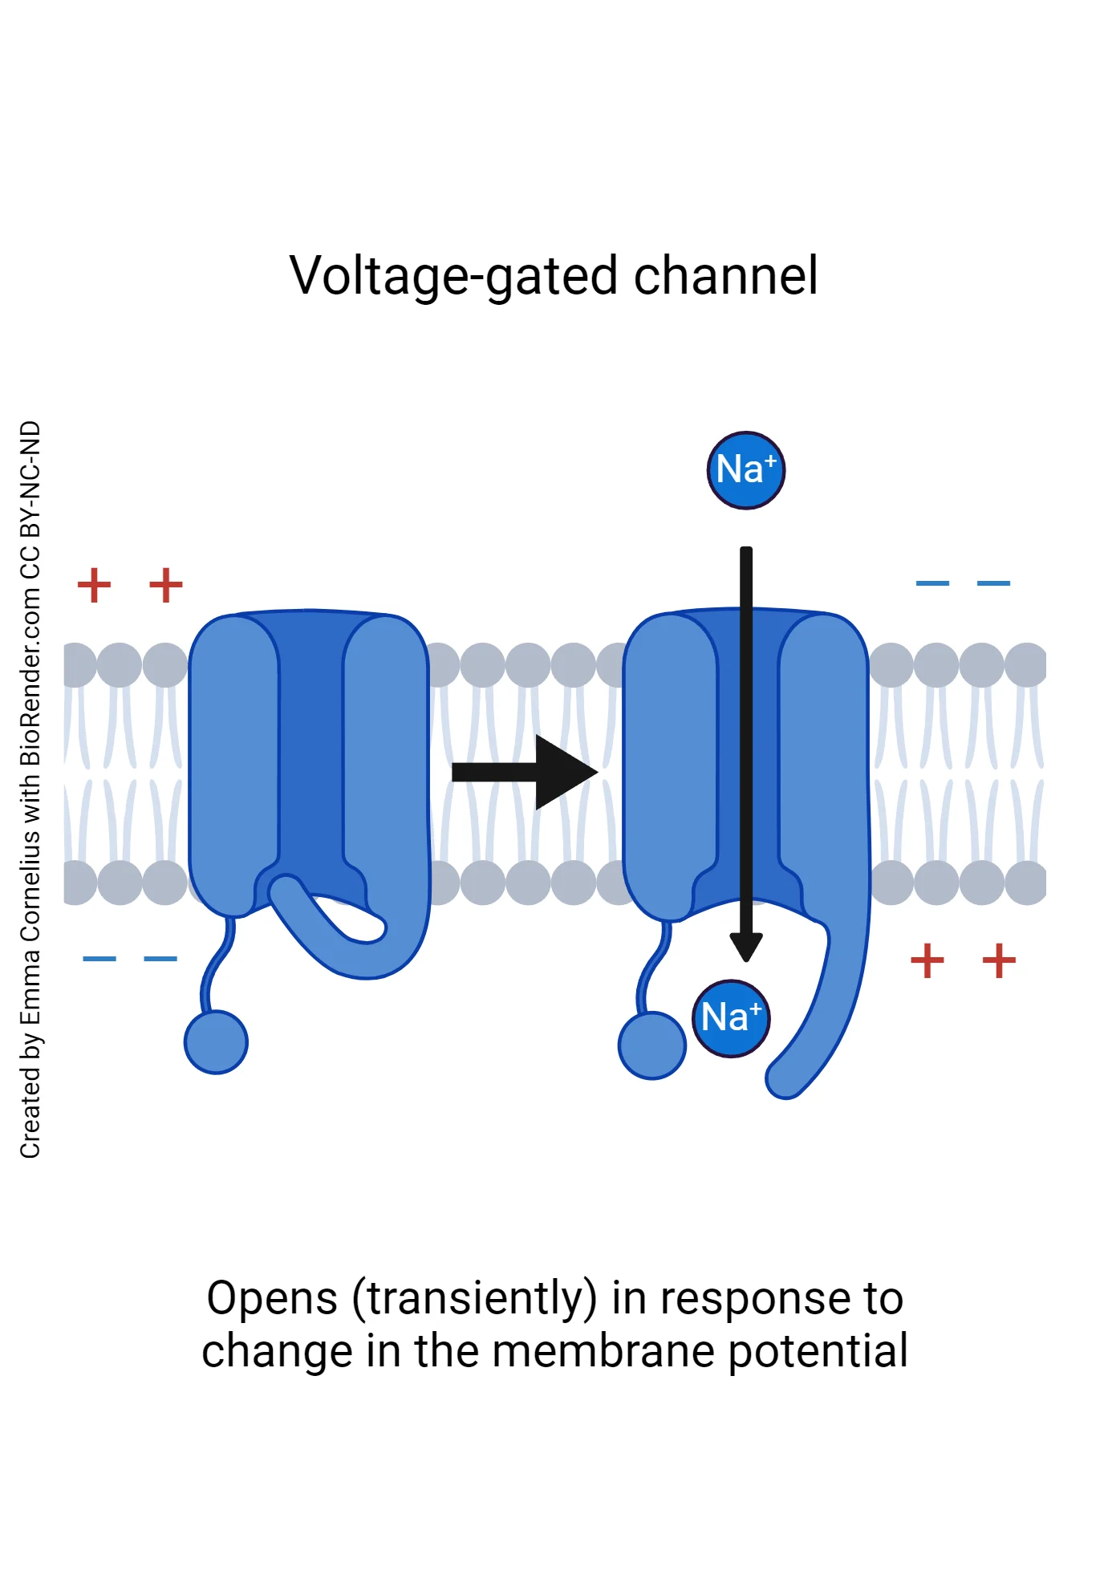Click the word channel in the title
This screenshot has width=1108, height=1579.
[x=725, y=276]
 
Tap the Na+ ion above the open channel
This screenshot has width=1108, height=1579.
[x=745, y=470]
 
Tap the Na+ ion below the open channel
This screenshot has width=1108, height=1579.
[x=730, y=1018]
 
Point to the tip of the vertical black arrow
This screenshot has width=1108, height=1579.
[x=746, y=956]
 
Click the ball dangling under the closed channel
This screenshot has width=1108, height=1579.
[x=216, y=1041]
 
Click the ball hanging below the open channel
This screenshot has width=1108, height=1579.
[x=651, y=1045]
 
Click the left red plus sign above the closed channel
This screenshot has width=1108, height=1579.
[x=94, y=584]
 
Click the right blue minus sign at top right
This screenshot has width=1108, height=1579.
[x=993, y=583]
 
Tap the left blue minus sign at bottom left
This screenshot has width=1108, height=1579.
[x=99, y=958]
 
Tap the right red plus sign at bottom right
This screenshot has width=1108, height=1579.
[x=999, y=960]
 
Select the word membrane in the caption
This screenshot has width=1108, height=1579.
[x=603, y=1351]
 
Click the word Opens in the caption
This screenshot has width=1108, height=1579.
[x=272, y=1299]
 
